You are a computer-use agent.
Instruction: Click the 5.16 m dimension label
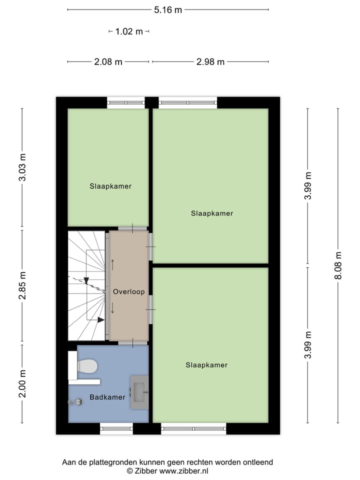(168, 9)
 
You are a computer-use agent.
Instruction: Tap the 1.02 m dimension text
(129, 31)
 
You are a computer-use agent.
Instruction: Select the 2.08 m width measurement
(108, 62)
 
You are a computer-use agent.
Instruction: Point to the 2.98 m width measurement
(210, 62)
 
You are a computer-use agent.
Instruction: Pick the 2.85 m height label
(22, 286)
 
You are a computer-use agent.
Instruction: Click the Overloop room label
(128, 291)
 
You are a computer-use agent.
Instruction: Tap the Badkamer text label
(107, 397)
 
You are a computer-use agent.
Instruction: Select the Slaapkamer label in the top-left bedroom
(110, 186)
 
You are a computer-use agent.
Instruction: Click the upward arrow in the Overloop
(113, 264)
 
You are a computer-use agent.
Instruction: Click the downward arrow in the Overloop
(113, 308)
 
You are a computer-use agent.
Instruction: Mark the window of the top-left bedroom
(126, 102)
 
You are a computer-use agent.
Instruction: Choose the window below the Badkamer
(116, 428)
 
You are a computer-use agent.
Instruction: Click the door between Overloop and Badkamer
(132, 343)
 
